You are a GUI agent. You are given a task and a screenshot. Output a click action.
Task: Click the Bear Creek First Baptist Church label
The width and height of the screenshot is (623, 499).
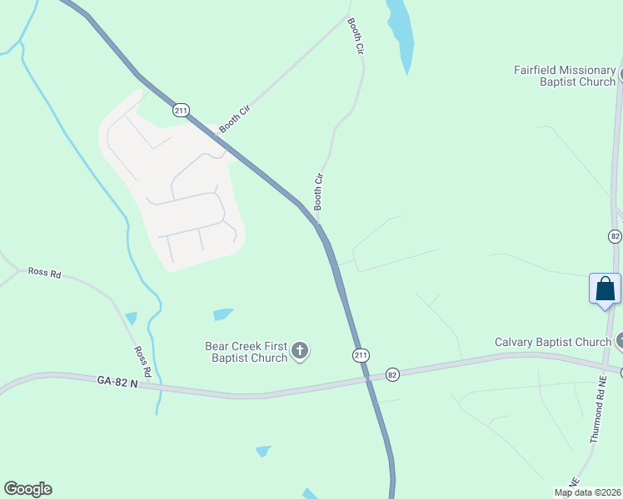247,352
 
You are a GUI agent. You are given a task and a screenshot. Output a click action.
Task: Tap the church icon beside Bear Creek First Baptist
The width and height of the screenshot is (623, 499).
300,352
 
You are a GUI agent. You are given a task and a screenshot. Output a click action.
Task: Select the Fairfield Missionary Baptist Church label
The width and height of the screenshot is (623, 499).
564,76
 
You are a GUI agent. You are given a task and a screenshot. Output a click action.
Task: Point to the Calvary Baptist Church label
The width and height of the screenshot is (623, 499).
552,342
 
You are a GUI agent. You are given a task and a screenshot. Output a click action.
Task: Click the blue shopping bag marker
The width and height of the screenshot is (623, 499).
605,290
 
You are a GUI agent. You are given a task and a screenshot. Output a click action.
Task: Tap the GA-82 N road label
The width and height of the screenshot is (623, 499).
117,380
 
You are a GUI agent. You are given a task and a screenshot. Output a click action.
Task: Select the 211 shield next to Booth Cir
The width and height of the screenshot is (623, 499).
181,110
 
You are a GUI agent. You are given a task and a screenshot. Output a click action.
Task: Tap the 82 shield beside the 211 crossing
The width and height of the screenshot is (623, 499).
392,375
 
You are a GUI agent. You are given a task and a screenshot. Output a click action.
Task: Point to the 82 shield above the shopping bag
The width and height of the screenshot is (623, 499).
615,236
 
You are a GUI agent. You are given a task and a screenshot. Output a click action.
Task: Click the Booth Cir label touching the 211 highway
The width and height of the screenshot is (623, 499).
234,121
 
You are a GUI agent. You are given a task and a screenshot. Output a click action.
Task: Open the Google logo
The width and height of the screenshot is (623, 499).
27,489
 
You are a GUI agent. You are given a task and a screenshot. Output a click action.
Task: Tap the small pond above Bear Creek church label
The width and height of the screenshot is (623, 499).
222,314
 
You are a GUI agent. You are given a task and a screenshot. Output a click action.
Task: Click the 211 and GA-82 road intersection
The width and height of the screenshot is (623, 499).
367,380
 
